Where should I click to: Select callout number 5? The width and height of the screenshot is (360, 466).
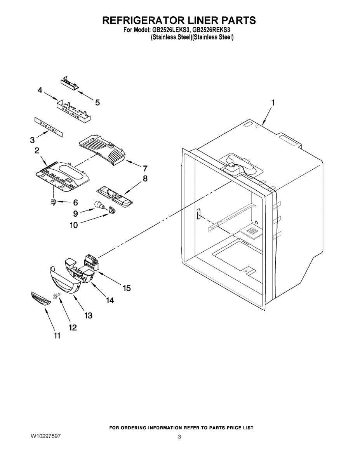pos(97,103)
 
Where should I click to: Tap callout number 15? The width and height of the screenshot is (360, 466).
pos(127,288)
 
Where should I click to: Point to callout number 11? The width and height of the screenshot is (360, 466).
pos(57,336)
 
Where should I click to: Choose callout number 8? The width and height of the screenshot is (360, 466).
pos(145,179)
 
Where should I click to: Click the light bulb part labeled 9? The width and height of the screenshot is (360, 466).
pos(99,205)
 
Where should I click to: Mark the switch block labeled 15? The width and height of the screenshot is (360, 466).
pos(91,261)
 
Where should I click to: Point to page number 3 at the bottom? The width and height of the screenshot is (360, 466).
pos(179,437)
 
